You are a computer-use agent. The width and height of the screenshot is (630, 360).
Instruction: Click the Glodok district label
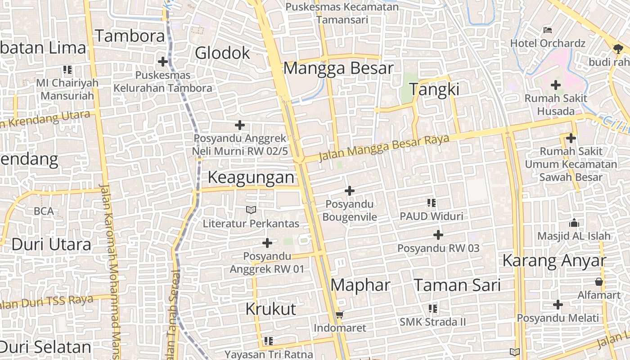point(222,53)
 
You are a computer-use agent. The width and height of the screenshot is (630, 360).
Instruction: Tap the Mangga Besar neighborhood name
point(338,68)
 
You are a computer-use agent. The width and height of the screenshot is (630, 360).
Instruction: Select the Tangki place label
point(434,90)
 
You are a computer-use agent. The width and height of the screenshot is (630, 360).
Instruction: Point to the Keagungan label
point(251,177)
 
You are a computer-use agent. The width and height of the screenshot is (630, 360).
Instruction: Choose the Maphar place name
point(360,285)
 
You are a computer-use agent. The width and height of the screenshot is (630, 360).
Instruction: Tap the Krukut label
point(271,309)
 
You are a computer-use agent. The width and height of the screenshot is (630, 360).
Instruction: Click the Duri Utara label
point(51,244)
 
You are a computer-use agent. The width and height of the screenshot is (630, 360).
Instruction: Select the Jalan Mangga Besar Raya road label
point(384,148)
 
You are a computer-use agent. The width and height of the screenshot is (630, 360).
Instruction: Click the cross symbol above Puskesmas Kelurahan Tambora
point(163,62)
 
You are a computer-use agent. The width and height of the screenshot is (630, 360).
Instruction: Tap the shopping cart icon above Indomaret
point(340,315)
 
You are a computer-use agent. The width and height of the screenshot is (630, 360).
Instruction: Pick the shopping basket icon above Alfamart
point(599,282)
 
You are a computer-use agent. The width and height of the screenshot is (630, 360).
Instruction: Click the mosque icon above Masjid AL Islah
point(574,222)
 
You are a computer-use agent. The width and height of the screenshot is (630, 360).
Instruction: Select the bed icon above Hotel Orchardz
point(548,30)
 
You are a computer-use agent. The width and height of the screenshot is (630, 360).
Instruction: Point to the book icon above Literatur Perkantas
point(251,210)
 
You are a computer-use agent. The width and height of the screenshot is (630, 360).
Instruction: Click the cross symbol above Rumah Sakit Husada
point(556,85)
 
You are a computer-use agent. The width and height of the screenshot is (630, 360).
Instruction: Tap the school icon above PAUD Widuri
point(432,203)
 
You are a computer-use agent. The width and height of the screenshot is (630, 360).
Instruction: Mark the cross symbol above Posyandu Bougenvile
point(349,191)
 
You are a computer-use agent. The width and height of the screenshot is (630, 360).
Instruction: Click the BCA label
point(44,211)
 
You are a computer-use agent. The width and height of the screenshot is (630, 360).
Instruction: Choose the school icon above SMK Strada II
point(433,309)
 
